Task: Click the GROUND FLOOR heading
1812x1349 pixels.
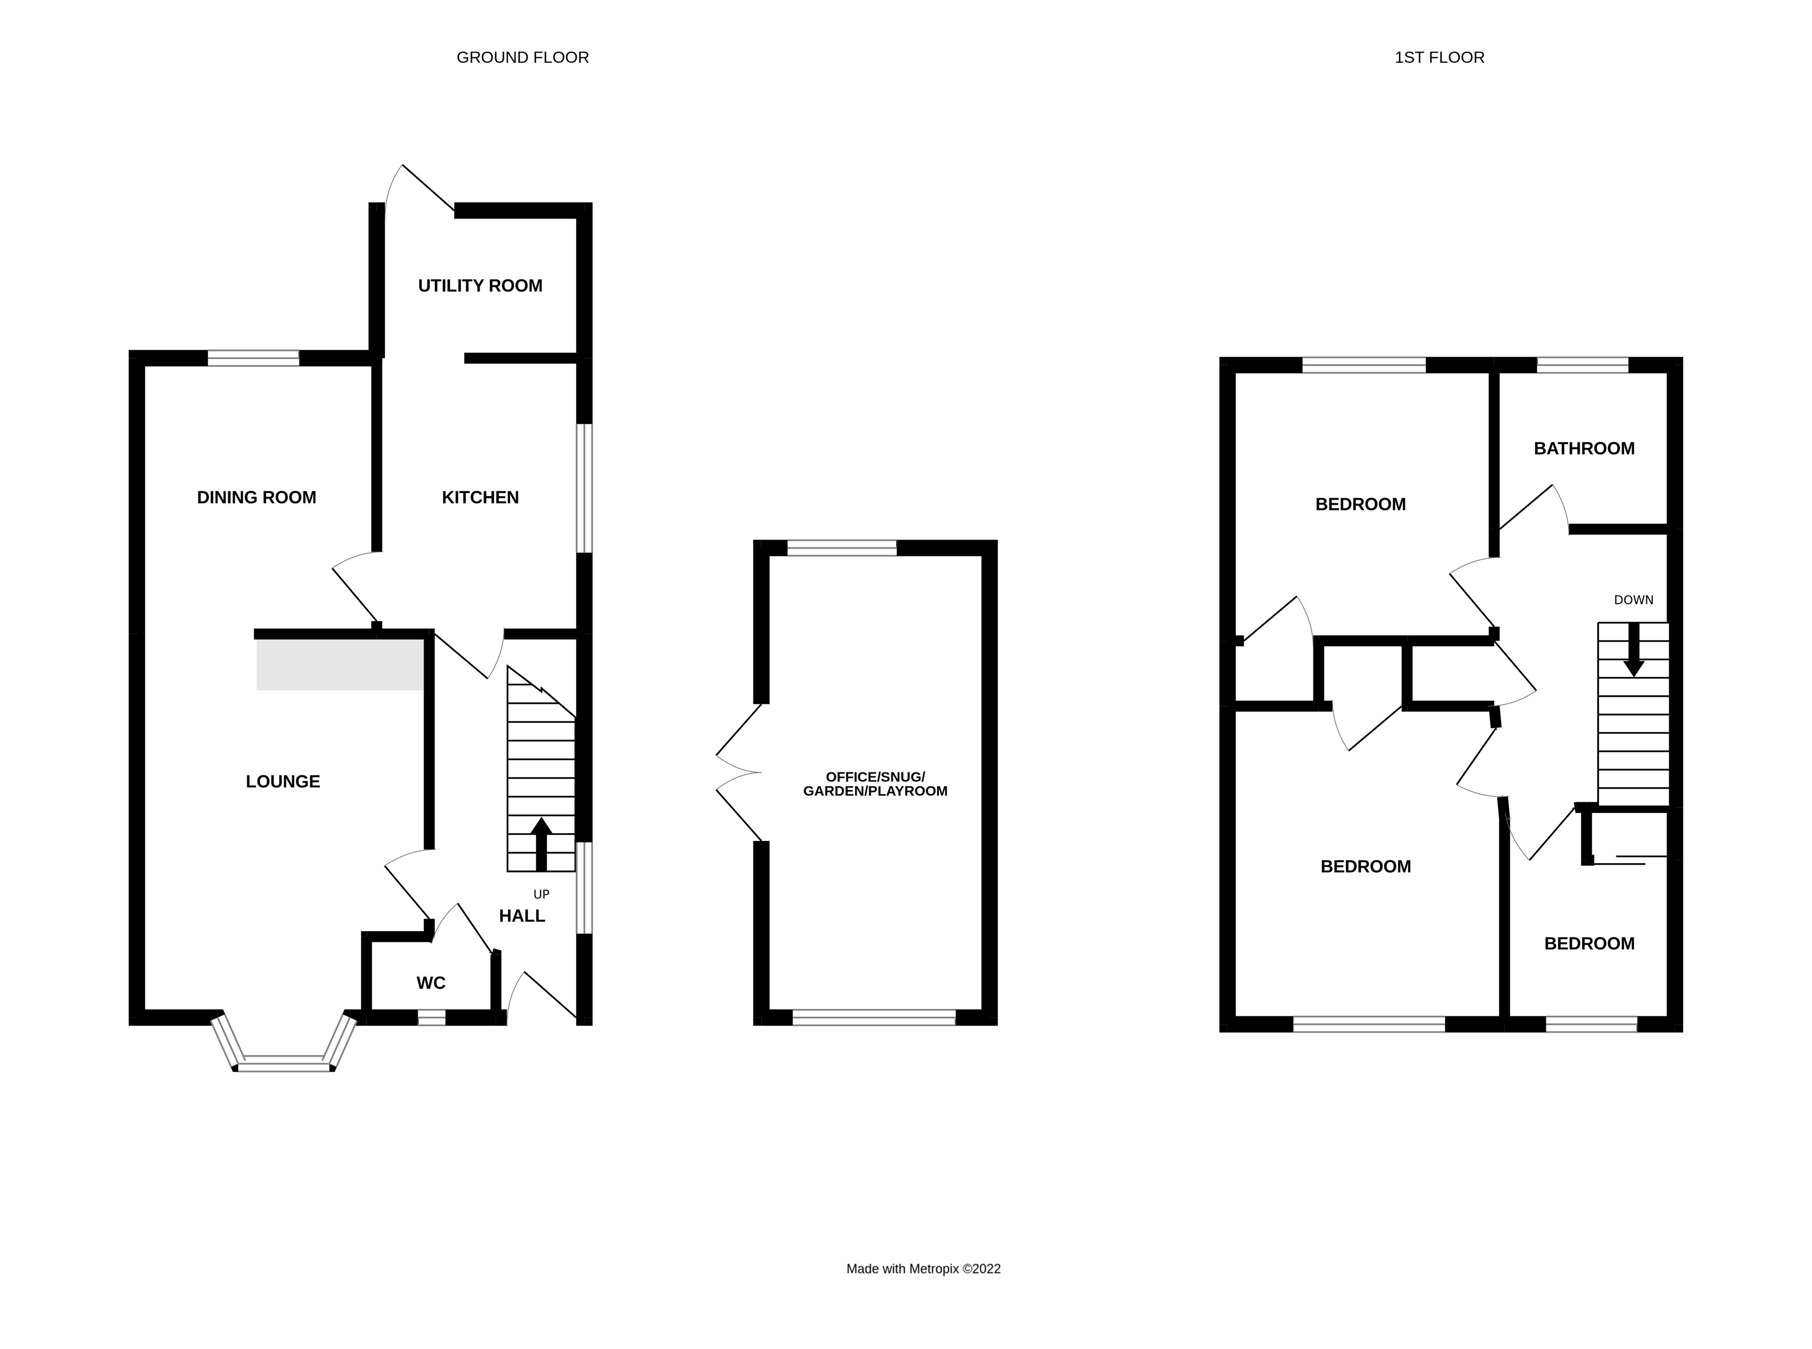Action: (523, 57)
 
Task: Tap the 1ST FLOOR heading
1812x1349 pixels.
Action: (1439, 57)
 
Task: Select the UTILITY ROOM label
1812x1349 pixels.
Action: (480, 286)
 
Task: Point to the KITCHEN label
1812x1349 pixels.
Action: (480, 498)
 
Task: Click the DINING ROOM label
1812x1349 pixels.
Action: (256, 498)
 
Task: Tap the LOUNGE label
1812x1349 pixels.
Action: (282, 782)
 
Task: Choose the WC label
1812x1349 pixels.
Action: (431, 983)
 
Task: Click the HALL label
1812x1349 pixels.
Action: (522, 916)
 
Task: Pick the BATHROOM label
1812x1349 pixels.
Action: (1583, 448)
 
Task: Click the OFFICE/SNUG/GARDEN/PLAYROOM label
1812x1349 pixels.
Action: (875, 784)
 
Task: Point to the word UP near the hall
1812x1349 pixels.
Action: (541, 894)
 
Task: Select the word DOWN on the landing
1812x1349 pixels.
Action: (1633, 600)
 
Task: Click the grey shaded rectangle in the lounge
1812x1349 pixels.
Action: (340, 665)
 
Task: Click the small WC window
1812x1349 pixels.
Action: (432, 1017)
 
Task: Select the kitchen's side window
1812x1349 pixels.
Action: (584, 488)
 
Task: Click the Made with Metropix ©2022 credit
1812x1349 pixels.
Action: (923, 1269)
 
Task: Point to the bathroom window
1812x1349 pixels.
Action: (1582, 365)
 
